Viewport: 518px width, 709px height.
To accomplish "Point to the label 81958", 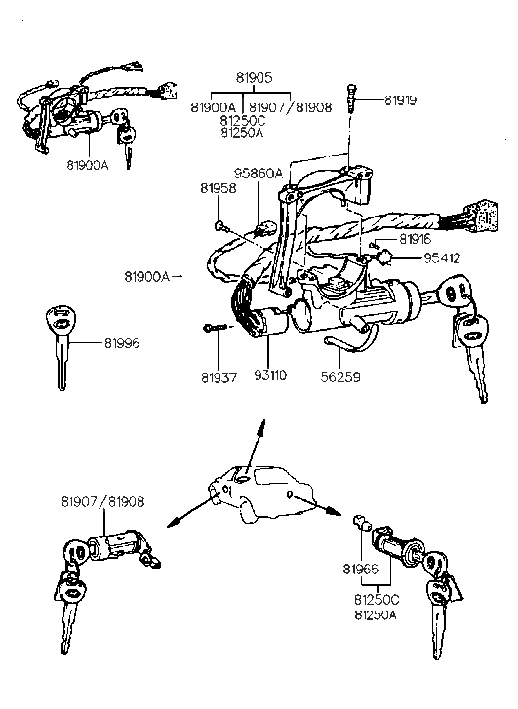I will (x=219, y=187).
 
